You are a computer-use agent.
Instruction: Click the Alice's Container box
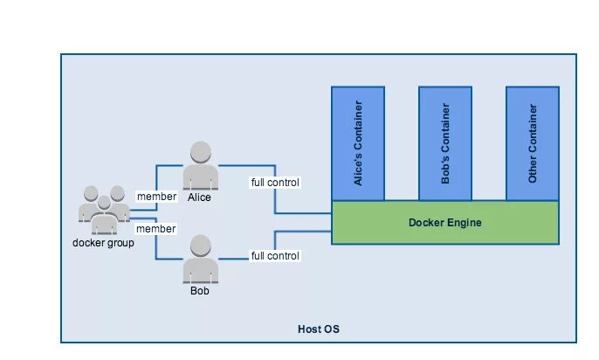[358, 143]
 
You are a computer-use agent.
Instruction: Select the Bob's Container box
[445, 143]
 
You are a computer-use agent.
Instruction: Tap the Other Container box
[533, 143]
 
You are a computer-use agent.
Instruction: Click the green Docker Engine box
[445, 223]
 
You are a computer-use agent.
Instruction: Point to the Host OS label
[319, 329]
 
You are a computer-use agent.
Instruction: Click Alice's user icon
[201, 165]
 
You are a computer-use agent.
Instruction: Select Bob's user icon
[201, 260]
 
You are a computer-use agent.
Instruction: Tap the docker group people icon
[104, 210]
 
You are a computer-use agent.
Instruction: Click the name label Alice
[199, 197]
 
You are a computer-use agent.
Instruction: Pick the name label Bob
[199, 291]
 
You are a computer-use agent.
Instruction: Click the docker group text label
[103, 243]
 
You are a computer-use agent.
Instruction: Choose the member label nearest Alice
[156, 197]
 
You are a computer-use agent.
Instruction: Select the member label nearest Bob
[155, 229]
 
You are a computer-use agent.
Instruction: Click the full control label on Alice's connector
[275, 183]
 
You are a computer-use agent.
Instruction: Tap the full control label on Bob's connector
[275, 256]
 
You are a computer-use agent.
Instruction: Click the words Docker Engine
[445, 223]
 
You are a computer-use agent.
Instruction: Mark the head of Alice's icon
[201, 152]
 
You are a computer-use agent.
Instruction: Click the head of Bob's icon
[201, 246]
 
